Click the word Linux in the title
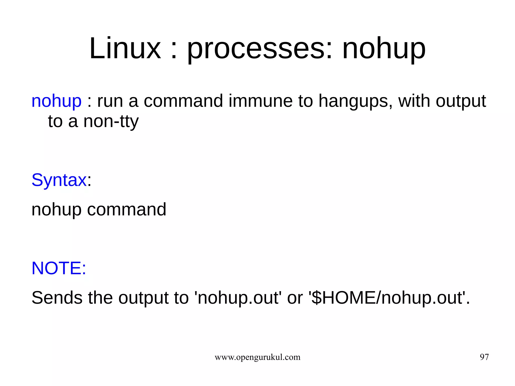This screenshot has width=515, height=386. pyautogui.click(x=125, y=48)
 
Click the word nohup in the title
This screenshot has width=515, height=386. pyautogui.click(x=384, y=48)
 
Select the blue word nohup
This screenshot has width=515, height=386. pyautogui.click(x=56, y=101)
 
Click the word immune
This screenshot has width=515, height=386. pyautogui.click(x=261, y=101)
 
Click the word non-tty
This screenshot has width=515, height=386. pyautogui.click(x=111, y=121)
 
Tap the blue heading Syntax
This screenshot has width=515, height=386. pyautogui.click(x=59, y=180)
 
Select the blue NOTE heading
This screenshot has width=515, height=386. pyautogui.click(x=59, y=268)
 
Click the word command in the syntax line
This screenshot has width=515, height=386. pyautogui.click(x=126, y=209)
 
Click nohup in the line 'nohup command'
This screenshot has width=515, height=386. pyautogui.click(x=56, y=209)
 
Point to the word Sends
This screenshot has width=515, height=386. pyautogui.click(x=57, y=298)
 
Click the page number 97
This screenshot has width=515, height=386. pyautogui.click(x=484, y=357)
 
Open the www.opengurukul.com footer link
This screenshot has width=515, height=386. pyautogui.click(x=257, y=357)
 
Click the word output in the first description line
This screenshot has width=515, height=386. pyautogui.click(x=461, y=101)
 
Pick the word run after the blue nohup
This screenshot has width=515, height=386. pyautogui.click(x=110, y=101)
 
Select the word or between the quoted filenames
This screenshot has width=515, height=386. pyautogui.click(x=295, y=298)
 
